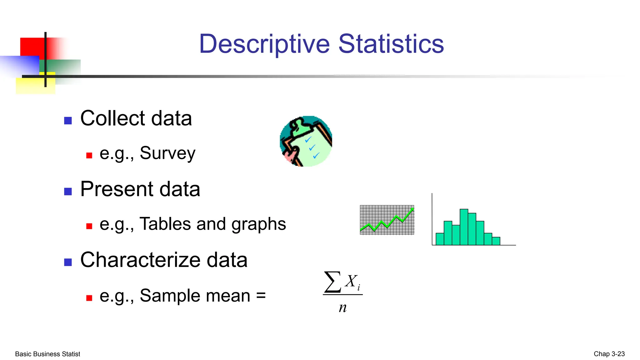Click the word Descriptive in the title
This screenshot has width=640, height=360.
tap(264, 44)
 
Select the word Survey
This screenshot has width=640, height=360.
tap(167, 153)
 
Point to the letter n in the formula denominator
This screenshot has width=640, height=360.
tap(343, 308)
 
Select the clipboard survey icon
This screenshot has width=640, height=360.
tap(306, 141)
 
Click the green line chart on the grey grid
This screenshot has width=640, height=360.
tap(387, 220)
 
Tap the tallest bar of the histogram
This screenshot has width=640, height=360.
tap(464, 227)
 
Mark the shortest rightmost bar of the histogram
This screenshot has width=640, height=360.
tap(496, 241)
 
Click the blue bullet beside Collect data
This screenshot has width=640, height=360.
tap(68, 121)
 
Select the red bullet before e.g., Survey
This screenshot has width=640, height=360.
tap(89, 155)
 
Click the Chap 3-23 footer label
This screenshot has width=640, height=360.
tap(609, 354)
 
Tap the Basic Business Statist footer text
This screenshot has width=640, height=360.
tap(47, 354)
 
